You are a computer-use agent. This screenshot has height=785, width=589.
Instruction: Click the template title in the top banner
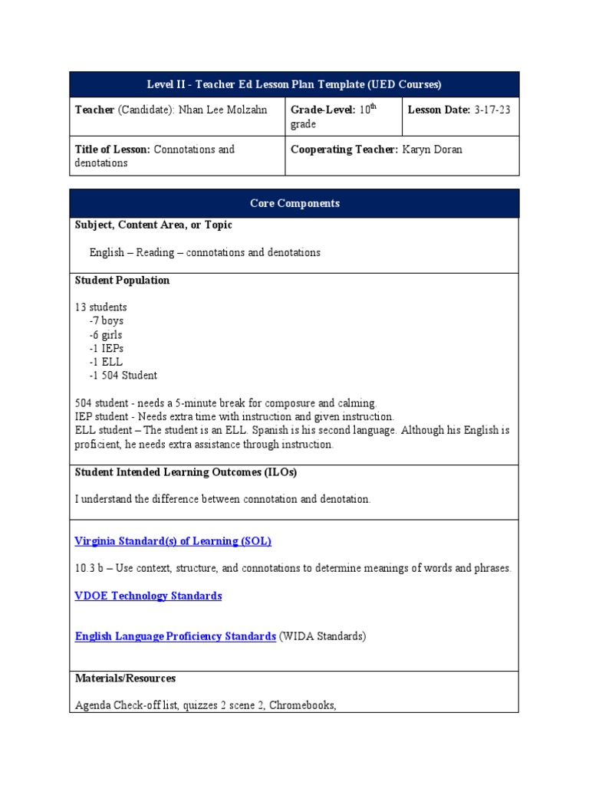click(294, 84)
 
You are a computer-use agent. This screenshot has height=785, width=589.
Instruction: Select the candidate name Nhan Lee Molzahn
click(222, 110)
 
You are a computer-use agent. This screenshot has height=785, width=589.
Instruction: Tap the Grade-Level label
click(323, 110)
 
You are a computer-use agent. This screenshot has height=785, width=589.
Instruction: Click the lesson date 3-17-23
click(492, 110)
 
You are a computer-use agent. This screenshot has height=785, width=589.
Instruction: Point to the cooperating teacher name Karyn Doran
click(433, 149)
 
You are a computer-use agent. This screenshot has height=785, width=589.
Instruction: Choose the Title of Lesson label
click(113, 149)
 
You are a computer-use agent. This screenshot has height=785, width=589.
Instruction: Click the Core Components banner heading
click(294, 203)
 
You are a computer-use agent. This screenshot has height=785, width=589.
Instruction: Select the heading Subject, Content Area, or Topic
click(153, 225)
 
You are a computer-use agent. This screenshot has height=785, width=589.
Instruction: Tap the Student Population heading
click(122, 281)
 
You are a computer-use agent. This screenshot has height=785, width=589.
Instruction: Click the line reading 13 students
click(100, 307)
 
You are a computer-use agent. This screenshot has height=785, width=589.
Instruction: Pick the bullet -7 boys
click(106, 321)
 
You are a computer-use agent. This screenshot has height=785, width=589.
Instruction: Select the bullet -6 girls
click(106, 335)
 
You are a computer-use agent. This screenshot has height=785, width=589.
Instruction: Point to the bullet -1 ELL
click(106, 362)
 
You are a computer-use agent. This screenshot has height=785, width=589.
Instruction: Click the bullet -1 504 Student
click(123, 376)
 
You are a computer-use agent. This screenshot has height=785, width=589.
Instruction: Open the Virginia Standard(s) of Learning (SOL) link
click(173, 541)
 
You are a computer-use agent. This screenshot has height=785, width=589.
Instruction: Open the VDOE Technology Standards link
click(148, 596)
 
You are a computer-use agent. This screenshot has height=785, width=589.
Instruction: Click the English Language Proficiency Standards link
click(175, 636)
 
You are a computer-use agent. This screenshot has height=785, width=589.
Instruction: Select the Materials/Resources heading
click(125, 678)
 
